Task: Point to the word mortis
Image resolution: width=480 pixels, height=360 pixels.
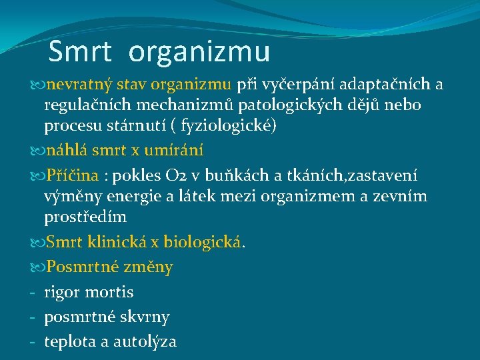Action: point(109,292)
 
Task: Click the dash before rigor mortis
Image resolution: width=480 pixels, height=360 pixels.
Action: point(32,292)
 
